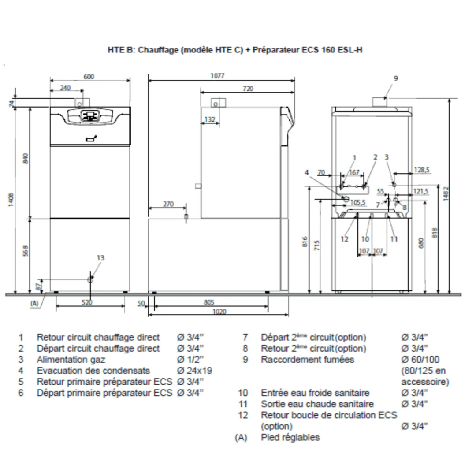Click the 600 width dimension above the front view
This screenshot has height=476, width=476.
(x=89, y=77)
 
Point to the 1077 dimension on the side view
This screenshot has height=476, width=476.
(x=217, y=76)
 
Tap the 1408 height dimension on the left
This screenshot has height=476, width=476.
(x=11, y=200)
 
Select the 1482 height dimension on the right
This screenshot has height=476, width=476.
(x=446, y=193)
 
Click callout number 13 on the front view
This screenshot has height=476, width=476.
(x=100, y=258)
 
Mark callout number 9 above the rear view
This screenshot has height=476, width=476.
(x=395, y=78)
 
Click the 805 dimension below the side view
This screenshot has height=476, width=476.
(x=209, y=302)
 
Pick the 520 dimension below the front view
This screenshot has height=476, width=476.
(x=87, y=302)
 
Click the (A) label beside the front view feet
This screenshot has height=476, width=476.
(x=35, y=303)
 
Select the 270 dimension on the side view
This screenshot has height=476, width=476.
(x=168, y=204)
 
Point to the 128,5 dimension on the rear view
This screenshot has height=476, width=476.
(x=422, y=170)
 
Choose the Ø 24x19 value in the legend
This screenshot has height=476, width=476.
(x=195, y=371)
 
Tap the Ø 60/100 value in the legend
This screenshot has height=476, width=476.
(x=420, y=360)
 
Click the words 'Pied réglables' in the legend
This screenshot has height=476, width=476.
(x=290, y=438)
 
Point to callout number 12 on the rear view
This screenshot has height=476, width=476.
(x=345, y=239)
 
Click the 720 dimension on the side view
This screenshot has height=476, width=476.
(x=248, y=89)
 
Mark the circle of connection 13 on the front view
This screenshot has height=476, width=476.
(x=90, y=279)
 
